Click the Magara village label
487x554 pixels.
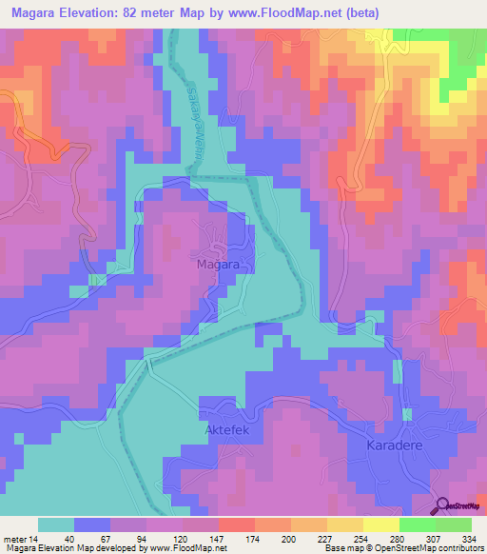(x=217, y=264)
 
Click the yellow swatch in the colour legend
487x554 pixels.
(x=380, y=524)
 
